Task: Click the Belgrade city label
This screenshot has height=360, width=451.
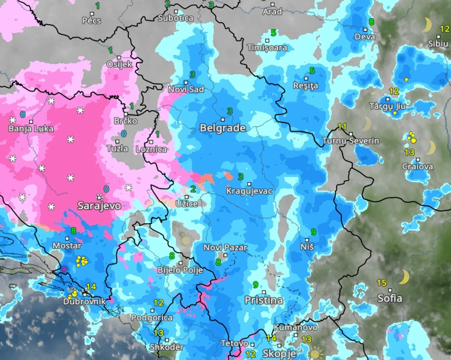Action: [222, 128]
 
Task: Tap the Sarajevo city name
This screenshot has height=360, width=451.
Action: [99, 205]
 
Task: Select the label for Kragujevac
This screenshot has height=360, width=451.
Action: [249, 191]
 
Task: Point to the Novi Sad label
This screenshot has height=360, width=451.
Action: [186, 90]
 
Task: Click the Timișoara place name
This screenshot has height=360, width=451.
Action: [267, 48]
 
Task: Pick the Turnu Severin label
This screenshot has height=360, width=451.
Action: [351, 141]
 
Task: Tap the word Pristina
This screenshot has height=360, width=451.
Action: [264, 300]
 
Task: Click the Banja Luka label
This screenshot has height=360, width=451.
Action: [31, 128]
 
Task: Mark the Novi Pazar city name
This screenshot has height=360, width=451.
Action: [225, 248]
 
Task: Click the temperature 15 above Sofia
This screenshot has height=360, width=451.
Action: [381, 282]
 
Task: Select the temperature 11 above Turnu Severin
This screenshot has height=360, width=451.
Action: [342, 127]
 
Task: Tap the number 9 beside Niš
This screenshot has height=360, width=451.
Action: [314, 232]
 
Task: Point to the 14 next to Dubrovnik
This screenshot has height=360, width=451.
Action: [91, 287]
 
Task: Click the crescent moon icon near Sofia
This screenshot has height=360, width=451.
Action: [404, 276]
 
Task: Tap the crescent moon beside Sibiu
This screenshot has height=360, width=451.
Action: [427, 25]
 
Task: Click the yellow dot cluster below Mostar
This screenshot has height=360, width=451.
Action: [81, 260]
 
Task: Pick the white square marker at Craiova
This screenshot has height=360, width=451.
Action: [418, 160]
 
